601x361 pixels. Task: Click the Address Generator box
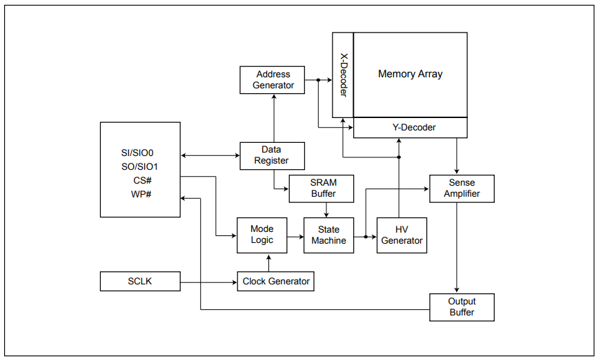[x=273, y=80]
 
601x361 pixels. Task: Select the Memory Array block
[x=411, y=75]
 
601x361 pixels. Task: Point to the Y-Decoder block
[x=410, y=128]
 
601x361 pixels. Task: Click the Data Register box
[x=271, y=155]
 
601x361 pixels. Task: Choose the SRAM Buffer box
[x=323, y=188]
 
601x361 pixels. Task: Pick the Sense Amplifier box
[x=462, y=188]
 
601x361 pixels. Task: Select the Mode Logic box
[x=262, y=235]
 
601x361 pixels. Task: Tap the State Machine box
[x=329, y=235]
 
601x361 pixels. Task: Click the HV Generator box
[x=402, y=235]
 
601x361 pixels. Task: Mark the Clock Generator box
[x=275, y=281]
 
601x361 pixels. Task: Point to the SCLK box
[x=140, y=281]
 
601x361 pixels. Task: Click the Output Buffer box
[x=462, y=307]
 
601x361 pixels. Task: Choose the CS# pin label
[x=143, y=180]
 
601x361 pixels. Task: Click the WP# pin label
[x=141, y=194]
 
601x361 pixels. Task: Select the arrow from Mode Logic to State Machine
[x=295, y=235]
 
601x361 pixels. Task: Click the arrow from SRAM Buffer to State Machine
[x=326, y=210]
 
